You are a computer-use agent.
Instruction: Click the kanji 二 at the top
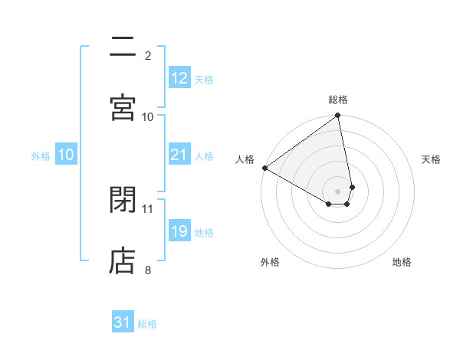pyautogui.click(x=123, y=47)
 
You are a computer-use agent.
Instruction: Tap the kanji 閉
pyautogui.click(x=123, y=200)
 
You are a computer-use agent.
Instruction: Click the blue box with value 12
pyautogui.click(x=179, y=78)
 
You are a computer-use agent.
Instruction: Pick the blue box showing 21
pyautogui.click(x=179, y=155)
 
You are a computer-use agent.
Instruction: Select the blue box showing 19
pyautogui.click(x=179, y=231)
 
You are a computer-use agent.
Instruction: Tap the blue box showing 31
pyautogui.click(x=123, y=322)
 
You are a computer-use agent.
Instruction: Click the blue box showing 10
pyautogui.click(x=66, y=155)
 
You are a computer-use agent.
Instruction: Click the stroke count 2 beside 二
pyautogui.click(x=148, y=55)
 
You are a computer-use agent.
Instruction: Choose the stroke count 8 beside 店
pyautogui.click(x=148, y=269)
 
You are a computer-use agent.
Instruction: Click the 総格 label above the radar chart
pyautogui.click(x=338, y=100)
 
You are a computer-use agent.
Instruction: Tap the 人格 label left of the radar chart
pyautogui.click(x=245, y=159)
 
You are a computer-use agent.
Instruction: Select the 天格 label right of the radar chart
pyautogui.click(x=432, y=159)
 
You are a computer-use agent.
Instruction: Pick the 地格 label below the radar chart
pyautogui.click(x=402, y=262)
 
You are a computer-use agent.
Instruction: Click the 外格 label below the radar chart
pyautogui.click(x=269, y=262)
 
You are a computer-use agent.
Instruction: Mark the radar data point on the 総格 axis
pyautogui.click(x=338, y=116)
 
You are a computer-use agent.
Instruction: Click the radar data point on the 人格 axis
pyautogui.click(x=264, y=168)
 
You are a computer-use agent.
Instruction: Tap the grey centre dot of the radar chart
pyautogui.click(x=338, y=191)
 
